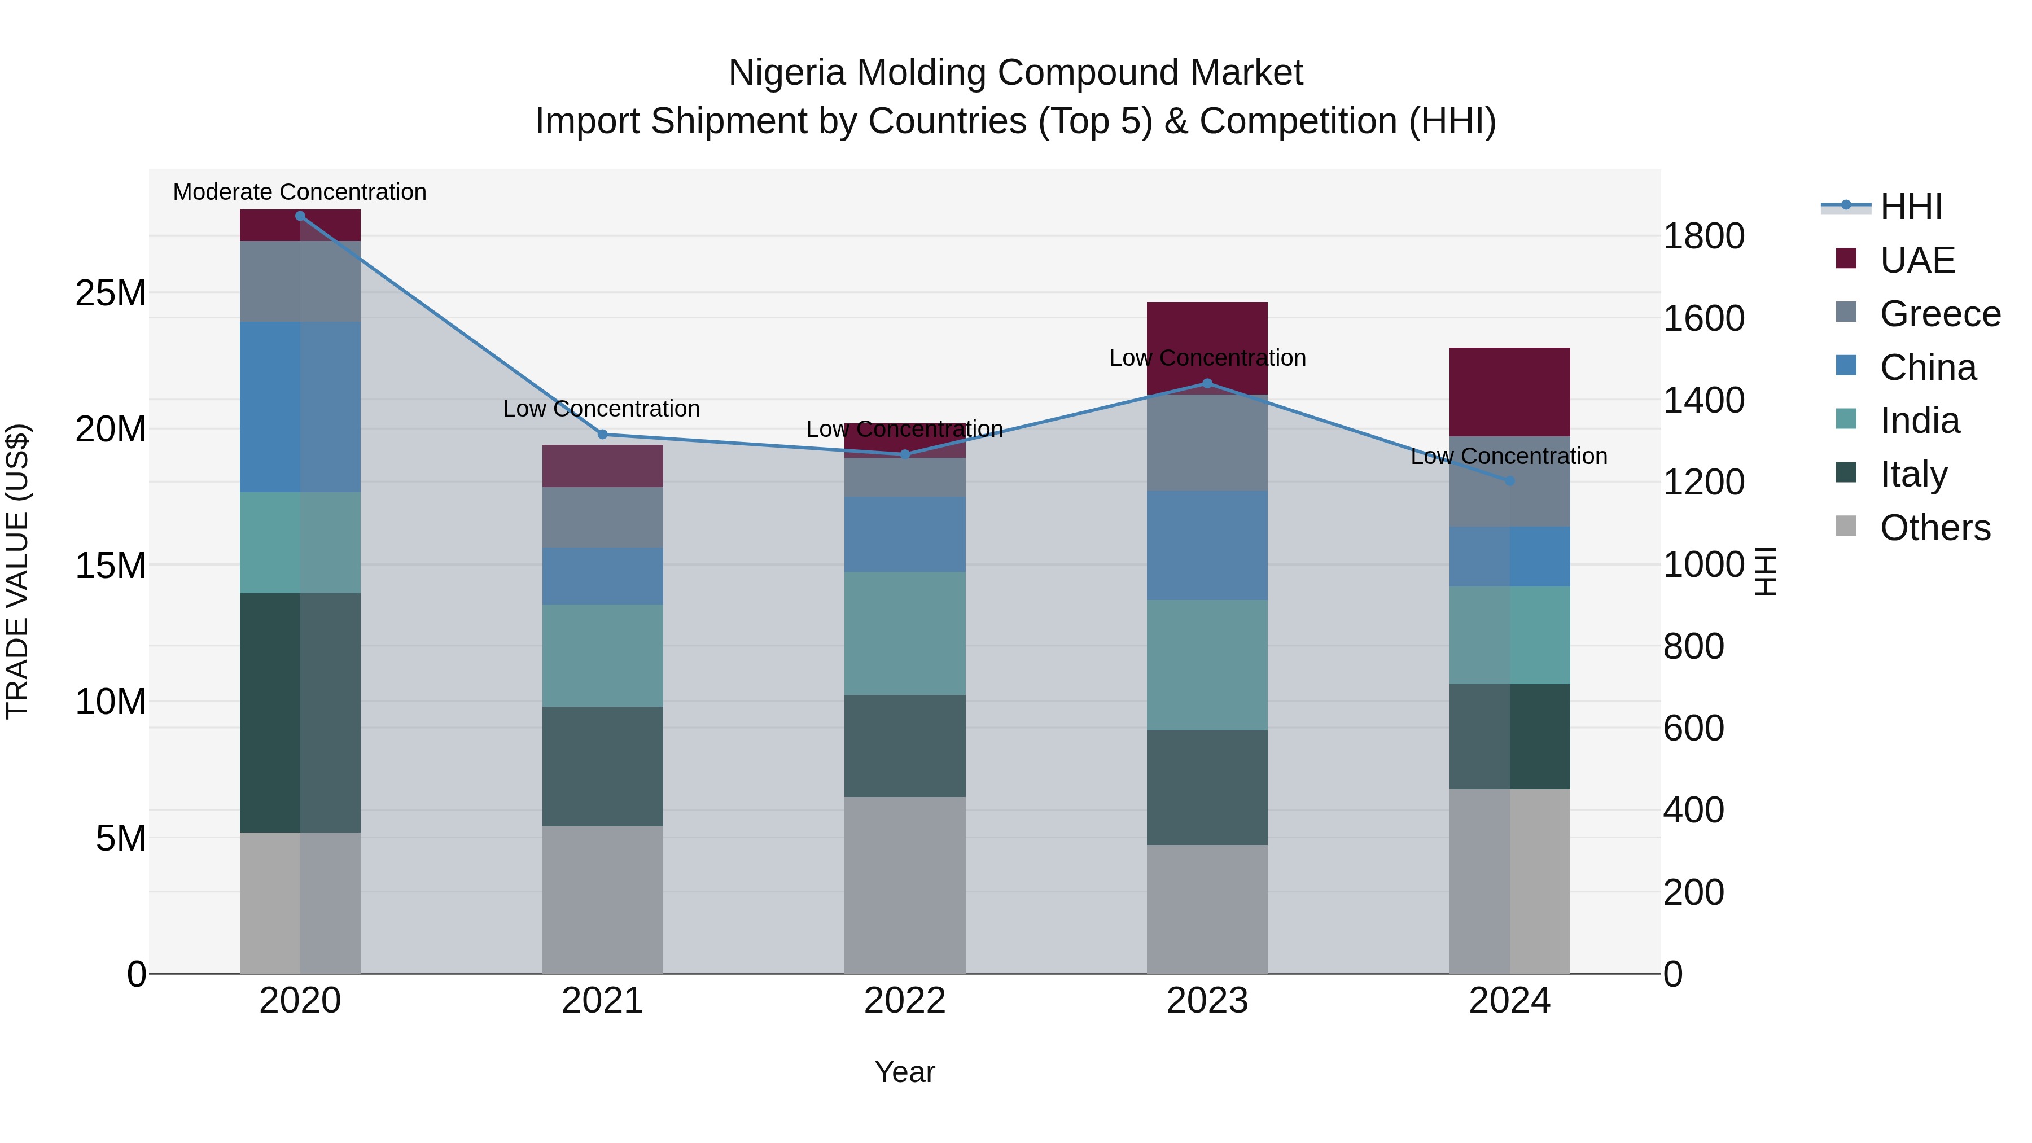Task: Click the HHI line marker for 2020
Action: click(300, 216)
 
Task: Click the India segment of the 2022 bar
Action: click(905, 633)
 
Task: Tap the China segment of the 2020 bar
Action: click(300, 407)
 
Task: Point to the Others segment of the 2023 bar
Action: click(1207, 909)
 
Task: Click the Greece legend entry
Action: click(1939, 314)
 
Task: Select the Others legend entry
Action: click(1934, 528)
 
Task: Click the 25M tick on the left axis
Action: click(111, 294)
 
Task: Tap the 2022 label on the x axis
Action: click(905, 1001)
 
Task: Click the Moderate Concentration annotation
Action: click(300, 192)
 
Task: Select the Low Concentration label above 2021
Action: click(601, 409)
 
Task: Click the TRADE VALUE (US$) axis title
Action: click(17, 571)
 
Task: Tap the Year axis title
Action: click(905, 1072)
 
